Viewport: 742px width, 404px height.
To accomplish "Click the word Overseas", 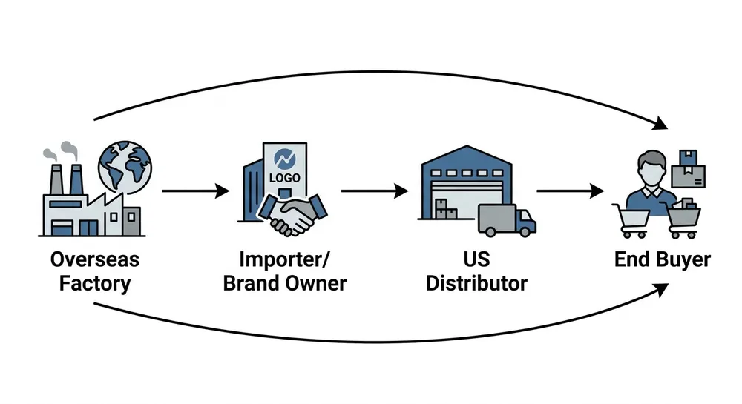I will [x=94, y=260].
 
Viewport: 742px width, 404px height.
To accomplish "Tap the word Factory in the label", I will [x=94, y=283].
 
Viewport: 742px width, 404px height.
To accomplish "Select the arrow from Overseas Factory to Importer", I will [x=195, y=191].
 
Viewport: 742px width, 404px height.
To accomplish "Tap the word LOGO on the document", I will [x=283, y=179].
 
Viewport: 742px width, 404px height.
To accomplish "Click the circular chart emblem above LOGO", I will [x=283, y=159].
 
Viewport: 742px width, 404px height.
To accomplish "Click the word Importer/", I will [x=285, y=260].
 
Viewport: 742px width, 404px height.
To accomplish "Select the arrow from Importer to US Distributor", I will [x=375, y=191].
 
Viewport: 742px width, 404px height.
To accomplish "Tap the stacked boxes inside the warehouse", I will [x=446, y=209].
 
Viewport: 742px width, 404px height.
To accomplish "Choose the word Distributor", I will [x=476, y=283].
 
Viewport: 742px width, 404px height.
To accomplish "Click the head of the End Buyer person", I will [x=651, y=167].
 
